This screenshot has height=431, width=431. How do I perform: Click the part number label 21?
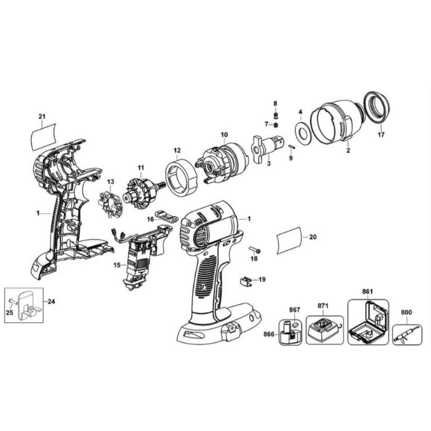click(42, 116)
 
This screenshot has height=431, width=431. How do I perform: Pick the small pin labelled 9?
click(292, 147)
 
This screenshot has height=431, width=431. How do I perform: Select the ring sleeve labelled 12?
click(181, 176)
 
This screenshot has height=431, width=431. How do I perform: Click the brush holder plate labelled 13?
click(109, 202)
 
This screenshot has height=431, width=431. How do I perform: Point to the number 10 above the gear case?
click(224, 135)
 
